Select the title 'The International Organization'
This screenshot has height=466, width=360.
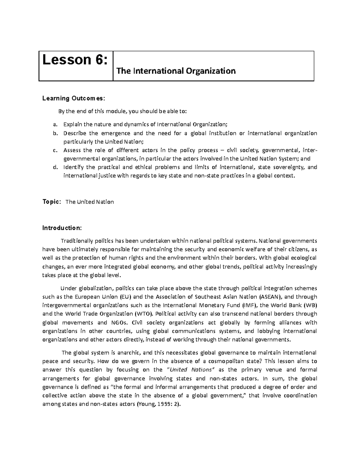[x=176, y=71]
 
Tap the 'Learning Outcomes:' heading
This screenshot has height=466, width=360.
[x=74, y=98]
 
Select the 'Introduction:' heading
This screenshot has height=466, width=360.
[x=61, y=228]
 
